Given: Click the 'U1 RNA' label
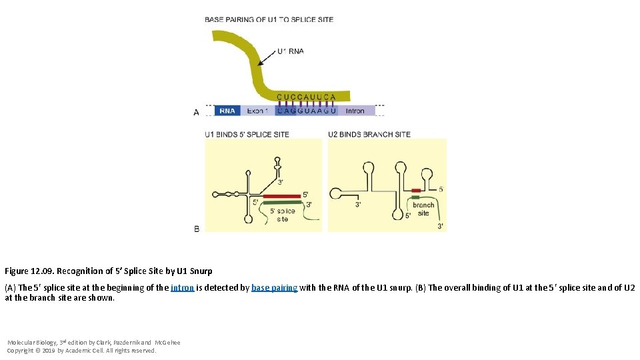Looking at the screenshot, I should [290, 51].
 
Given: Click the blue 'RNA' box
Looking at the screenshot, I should [227, 111].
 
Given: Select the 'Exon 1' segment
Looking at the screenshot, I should [257, 111].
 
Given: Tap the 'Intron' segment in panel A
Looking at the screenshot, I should [355, 111].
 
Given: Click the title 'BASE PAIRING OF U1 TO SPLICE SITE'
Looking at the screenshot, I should [269, 19].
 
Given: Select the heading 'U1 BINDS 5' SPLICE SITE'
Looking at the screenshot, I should [247, 135].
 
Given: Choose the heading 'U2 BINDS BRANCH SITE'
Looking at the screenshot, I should [369, 135].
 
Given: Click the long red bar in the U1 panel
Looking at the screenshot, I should [282, 197].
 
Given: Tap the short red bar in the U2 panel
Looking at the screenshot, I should [416, 190].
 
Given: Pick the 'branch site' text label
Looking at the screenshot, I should [423, 209].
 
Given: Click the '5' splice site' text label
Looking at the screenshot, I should [282, 215].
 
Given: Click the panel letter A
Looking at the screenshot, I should [196, 113].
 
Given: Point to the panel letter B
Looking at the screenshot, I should [196, 229].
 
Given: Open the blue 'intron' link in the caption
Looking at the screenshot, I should [182, 288].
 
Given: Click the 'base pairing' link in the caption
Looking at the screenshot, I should [274, 288].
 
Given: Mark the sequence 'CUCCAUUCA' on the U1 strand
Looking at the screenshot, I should [306, 97].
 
